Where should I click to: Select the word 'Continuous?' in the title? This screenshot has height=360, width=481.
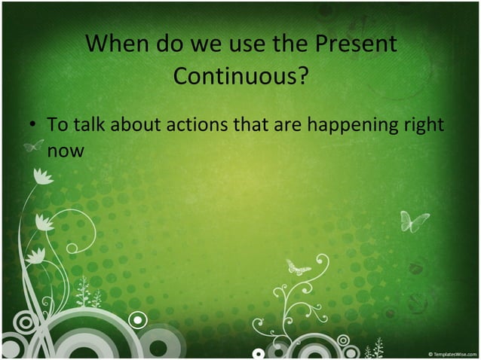click(x=240, y=76)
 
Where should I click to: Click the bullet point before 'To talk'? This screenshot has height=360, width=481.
click(x=33, y=125)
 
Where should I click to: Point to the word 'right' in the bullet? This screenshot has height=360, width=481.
click(x=422, y=126)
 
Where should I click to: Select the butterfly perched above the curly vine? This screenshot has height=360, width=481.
click(x=298, y=267)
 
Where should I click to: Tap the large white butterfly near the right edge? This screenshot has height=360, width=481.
click(x=413, y=221)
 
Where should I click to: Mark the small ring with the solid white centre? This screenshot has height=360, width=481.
click(x=137, y=320)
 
